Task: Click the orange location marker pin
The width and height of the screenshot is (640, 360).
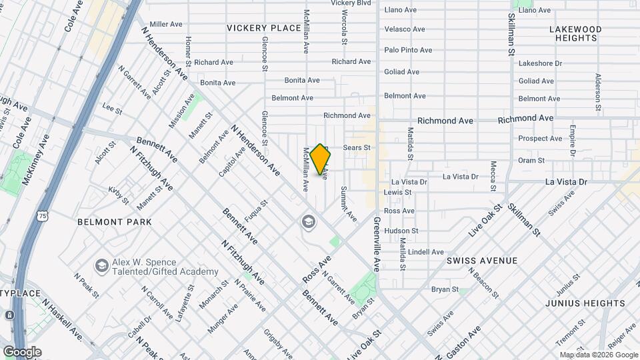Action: tap(321, 159)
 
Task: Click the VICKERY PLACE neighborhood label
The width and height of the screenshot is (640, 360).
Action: tap(263, 28)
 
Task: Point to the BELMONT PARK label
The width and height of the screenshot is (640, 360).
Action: tap(114, 221)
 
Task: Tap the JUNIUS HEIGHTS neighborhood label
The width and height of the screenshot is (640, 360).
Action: tap(585, 303)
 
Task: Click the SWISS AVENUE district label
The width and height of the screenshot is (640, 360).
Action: tap(481, 261)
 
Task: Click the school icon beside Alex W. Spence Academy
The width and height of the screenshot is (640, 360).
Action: tap(101, 266)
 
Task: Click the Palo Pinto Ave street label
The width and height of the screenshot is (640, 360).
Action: tap(408, 50)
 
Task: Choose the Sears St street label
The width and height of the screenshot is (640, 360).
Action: tap(356, 147)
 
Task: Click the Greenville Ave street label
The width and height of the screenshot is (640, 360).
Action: tap(377, 243)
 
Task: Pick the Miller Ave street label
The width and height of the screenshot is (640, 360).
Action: tap(166, 24)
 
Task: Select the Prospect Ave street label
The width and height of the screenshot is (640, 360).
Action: tap(540, 139)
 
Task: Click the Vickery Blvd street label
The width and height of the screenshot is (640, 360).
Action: tap(351, 3)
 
